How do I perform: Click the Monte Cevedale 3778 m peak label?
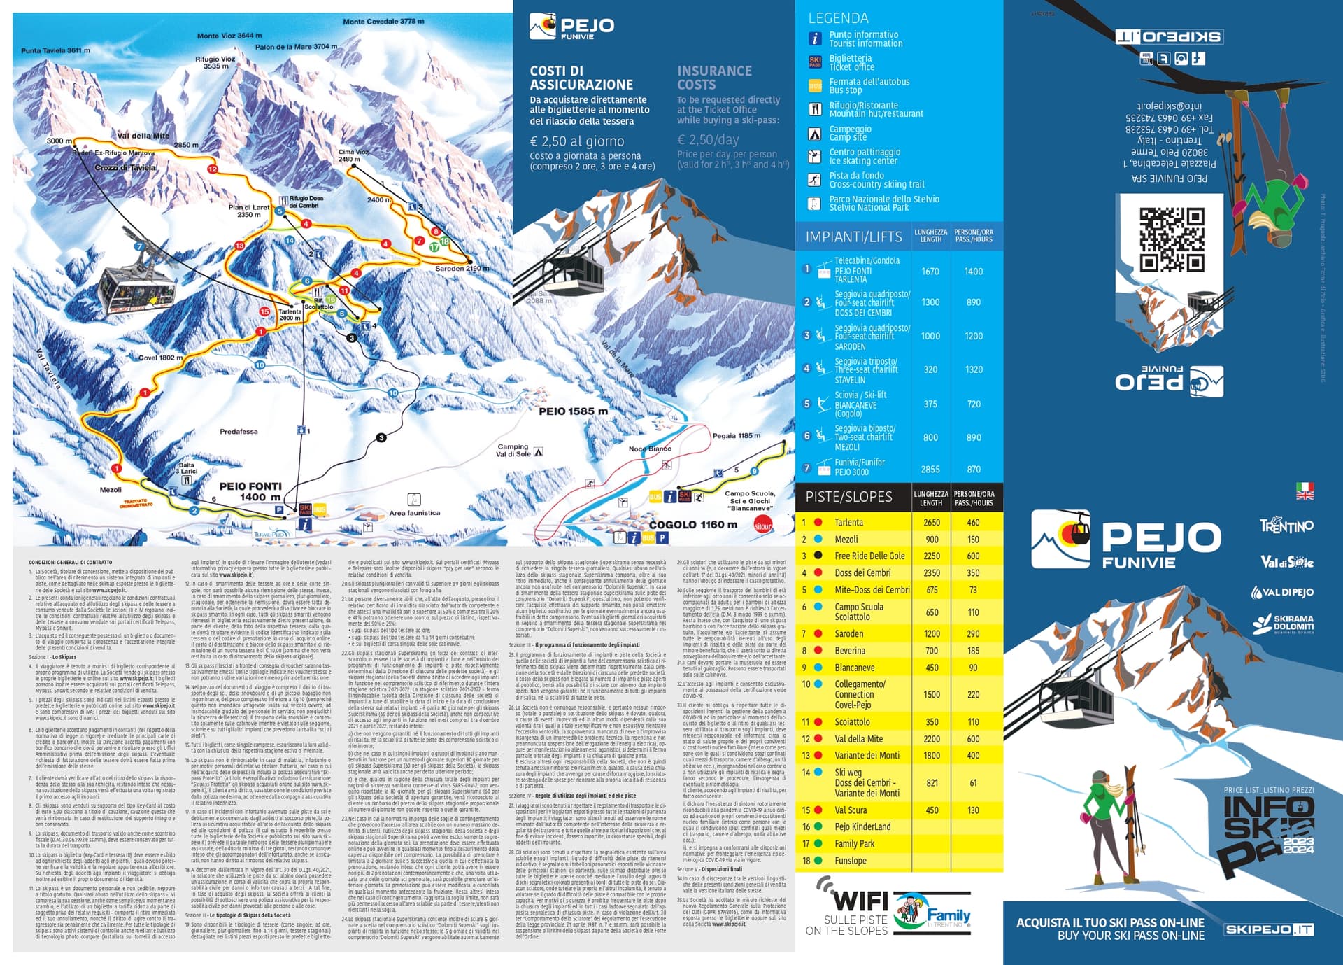[x=383, y=22]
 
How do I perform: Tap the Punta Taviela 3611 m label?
[x=55, y=50]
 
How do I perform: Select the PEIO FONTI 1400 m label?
[x=250, y=491]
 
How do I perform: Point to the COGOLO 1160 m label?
[x=692, y=524]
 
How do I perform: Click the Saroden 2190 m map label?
[x=458, y=269]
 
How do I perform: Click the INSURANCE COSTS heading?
[x=714, y=78]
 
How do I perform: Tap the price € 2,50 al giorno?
[x=577, y=141]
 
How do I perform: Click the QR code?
[x=1172, y=239]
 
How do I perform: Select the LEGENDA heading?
[x=838, y=18]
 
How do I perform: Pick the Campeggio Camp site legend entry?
[x=850, y=133]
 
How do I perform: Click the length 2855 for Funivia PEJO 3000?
[x=930, y=470]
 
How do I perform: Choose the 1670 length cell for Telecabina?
[x=930, y=272]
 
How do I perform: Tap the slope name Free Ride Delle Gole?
[x=869, y=556]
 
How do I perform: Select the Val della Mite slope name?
[x=858, y=739]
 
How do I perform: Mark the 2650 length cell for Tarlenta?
[x=932, y=523]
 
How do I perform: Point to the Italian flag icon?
[x=1305, y=486]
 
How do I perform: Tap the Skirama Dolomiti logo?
[x=1283, y=623]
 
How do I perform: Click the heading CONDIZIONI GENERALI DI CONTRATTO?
[x=70, y=562]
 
